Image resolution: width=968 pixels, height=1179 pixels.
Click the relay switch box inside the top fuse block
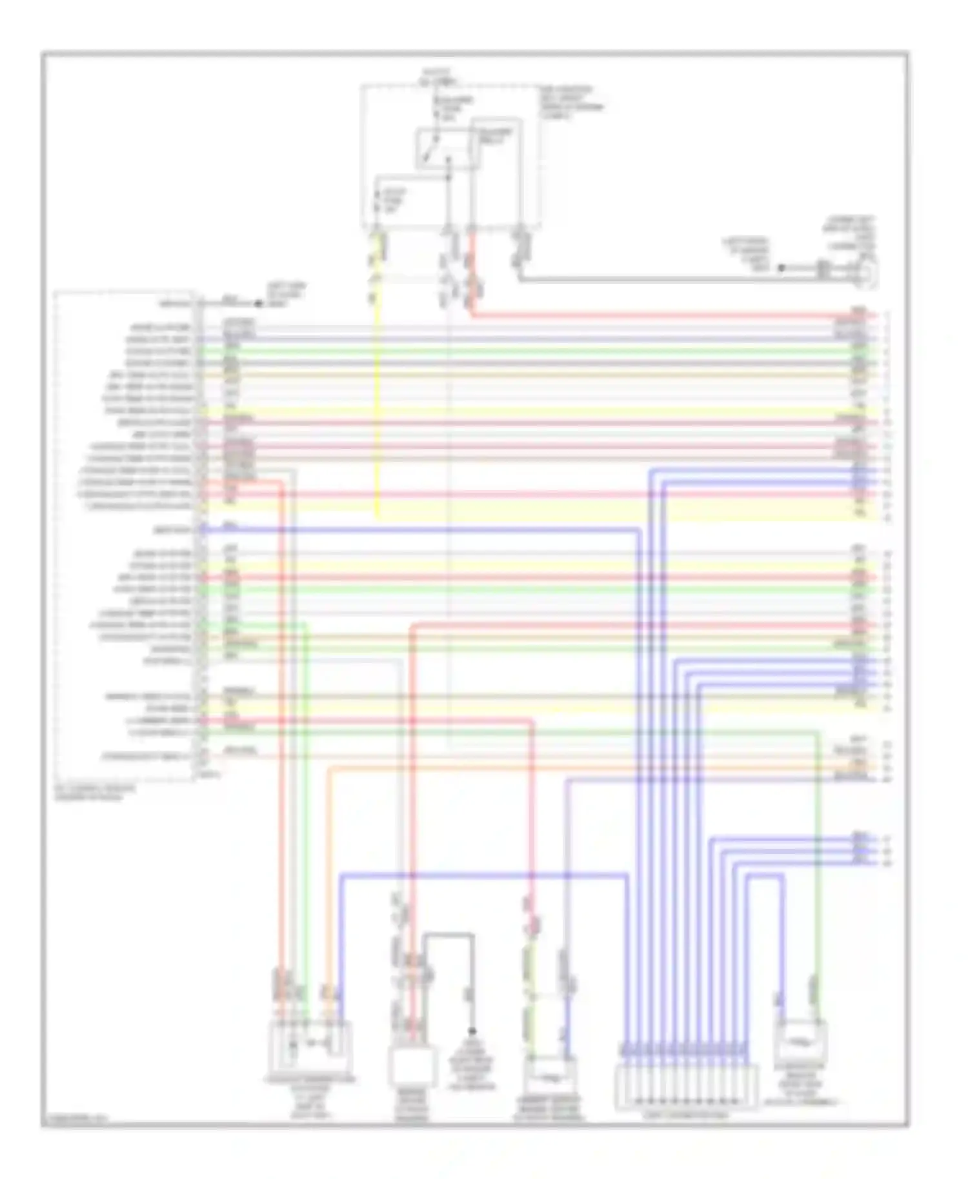tap(447, 148)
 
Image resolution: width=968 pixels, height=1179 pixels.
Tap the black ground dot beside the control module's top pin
tap(257, 303)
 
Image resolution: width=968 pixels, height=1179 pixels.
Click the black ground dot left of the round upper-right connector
tap(780, 268)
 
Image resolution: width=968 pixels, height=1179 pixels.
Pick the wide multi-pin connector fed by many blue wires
tap(687, 1087)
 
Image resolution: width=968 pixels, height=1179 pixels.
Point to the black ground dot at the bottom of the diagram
tap(472, 1032)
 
